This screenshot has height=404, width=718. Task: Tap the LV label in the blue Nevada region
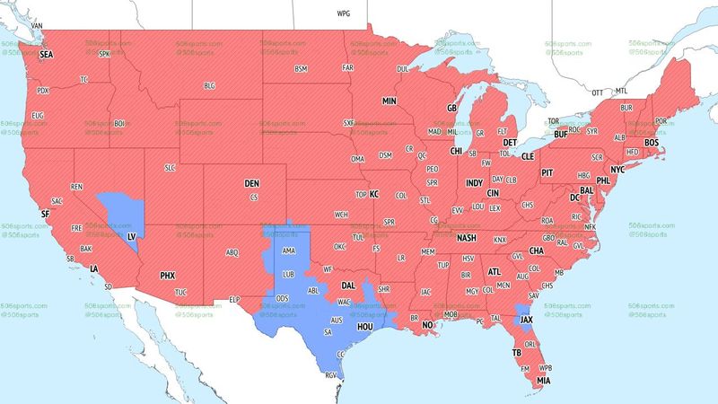[132, 236]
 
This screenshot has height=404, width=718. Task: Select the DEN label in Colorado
[252, 183]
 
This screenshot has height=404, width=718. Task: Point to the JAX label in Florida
[527, 319]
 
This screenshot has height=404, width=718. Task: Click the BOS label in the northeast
[652, 143]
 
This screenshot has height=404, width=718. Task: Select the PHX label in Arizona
[168, 275]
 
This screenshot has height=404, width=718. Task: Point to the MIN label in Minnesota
[390, 101]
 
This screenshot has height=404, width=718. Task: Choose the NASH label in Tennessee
[467, 238]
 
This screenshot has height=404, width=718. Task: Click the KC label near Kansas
[374, 193]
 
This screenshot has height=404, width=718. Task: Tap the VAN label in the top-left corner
[38, 25]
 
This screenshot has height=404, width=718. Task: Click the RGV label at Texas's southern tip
[332, 376]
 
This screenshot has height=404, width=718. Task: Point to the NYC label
[617, 170]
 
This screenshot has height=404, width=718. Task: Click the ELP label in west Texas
[236, 298]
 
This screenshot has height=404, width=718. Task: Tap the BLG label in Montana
[210, 85]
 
